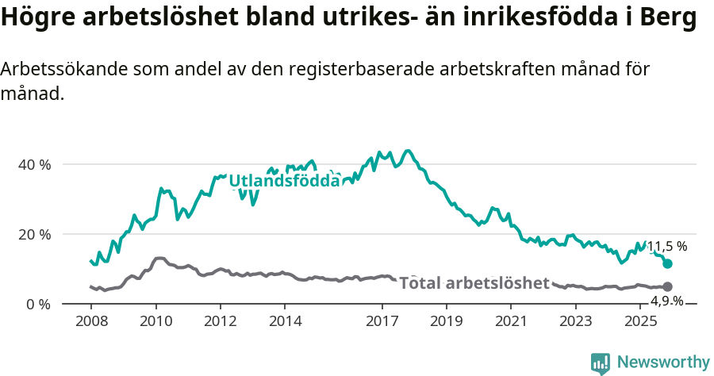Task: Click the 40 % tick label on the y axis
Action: pyautogui.click(x=35, y=164)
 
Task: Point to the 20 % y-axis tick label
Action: pyautogui.click(x=35, y=234)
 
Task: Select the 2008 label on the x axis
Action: pyautogui.click(x=90, y=321)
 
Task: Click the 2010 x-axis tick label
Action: pyautogui.click(x=155, y=321)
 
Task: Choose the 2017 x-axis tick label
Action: pyautogui.click(x=382, y=321)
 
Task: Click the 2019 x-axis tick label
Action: pyautogui.click(x=447, y=321)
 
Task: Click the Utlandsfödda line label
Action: pyautogui.click(x=284, y=181)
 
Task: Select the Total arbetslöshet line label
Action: pyautogui.click(x=474, y=283)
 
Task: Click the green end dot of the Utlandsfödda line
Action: pyautogui.click(x=667, y=263)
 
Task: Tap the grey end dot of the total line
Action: pyautogui.click(x=667, y=286)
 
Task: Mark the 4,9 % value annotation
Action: pyautogui.click(x=666, y=301)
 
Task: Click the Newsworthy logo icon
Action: pyautogui.click(x=601, y=363)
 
